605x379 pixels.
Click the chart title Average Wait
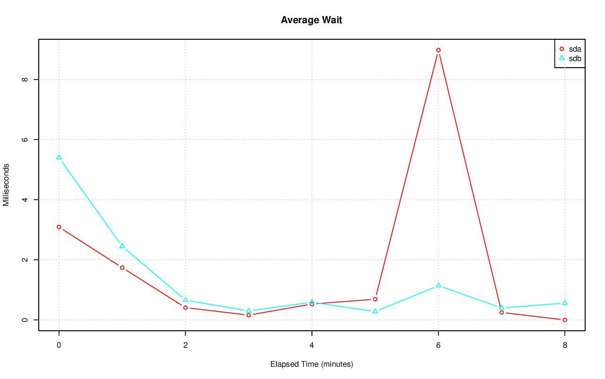311,20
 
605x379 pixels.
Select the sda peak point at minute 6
438,50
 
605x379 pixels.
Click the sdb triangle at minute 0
59,157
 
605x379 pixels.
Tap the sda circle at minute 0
59,227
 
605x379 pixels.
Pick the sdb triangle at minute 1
122,246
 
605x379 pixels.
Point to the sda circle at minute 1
122,268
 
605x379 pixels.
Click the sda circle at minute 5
375,299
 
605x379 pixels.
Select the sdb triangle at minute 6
438,285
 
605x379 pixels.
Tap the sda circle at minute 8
565,320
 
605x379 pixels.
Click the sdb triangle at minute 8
565,303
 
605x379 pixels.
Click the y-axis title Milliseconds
6,185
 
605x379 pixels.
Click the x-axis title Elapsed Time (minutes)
311,364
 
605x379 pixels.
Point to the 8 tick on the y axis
25,79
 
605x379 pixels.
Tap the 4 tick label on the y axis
25,200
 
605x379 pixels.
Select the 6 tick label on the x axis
438,345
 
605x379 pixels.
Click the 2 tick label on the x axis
185,345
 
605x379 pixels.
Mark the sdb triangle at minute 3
249,311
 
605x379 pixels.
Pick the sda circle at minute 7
501,312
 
